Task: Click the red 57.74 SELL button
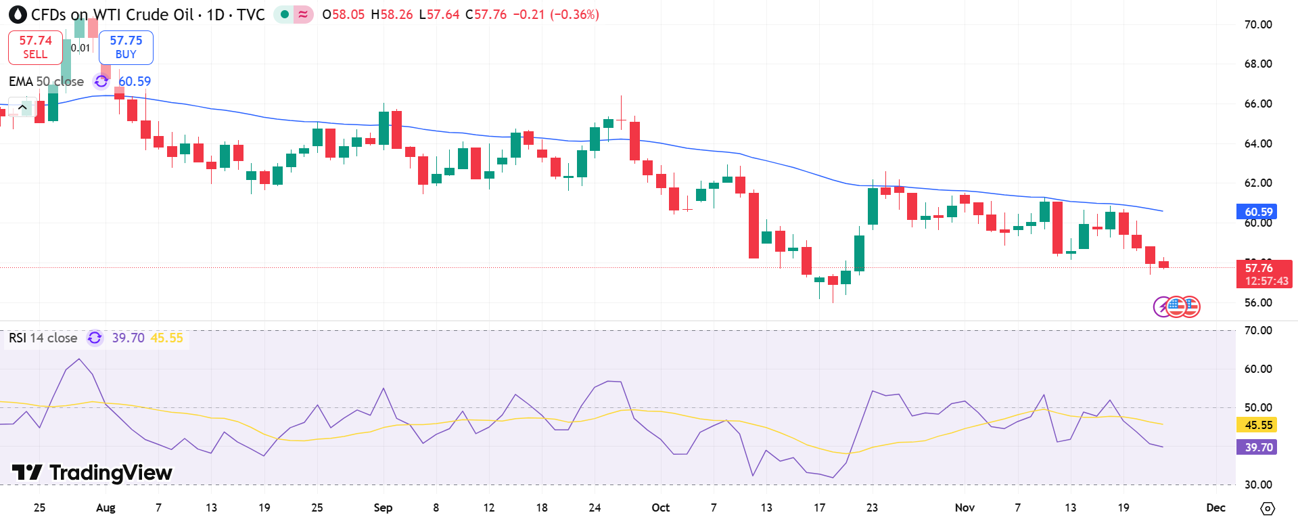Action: (35, 47)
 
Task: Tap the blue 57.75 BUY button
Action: (126, 47)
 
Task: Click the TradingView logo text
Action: (93, 472)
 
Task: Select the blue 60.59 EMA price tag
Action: (1258, 212)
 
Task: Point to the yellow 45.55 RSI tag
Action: (1258, 425)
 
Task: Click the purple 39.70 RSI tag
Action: (1258, 447)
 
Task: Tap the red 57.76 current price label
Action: (1264, 274)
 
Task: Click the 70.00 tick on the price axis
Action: (1258, 24)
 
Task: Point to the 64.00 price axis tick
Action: (1258, 143)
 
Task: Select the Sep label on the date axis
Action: (383, 507)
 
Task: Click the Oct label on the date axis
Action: (660, 507)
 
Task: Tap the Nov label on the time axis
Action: (965, 507)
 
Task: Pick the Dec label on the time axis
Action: (1215, 507)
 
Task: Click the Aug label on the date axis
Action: (106, 507)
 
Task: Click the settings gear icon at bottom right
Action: (1268, 508)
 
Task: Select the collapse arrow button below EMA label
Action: (22, 107)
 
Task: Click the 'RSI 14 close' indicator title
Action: (43, 338)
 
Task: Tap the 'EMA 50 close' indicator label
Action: (46, 81)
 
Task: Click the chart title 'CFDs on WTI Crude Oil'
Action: (112, 14)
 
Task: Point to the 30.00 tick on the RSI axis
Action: (1258, 484)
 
